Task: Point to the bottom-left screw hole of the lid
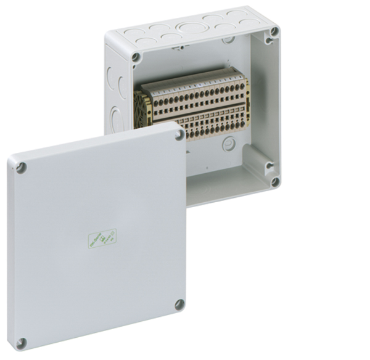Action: click(22, 343)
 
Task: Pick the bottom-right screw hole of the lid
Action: click(179, 304)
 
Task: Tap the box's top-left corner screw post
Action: click(136, 57)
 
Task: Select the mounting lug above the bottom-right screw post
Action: click(269, 165)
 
